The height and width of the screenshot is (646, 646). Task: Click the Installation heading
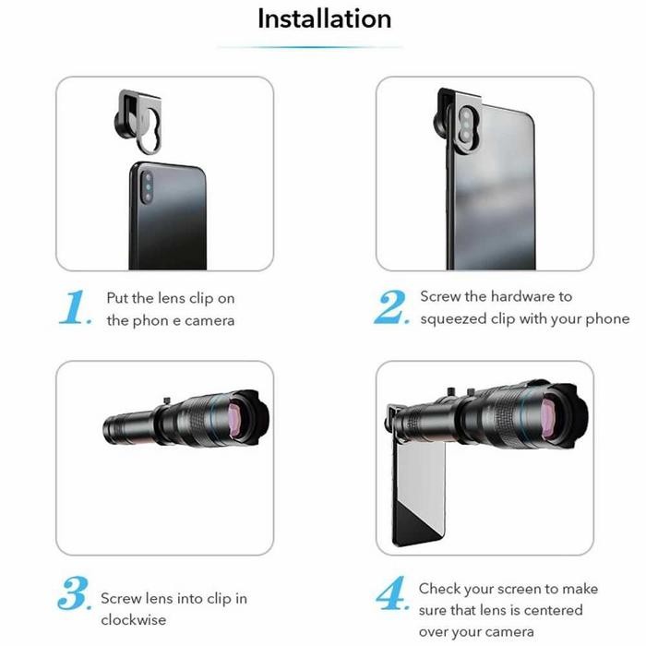tap(324, 19)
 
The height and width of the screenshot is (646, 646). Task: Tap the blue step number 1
tap(74, 307)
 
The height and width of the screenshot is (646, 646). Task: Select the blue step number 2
tap(391, 307)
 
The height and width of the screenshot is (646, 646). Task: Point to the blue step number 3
tap(74, 593)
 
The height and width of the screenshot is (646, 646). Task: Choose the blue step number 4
tap(392, 593)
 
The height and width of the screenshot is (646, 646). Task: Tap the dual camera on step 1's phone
tap(148, 188)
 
